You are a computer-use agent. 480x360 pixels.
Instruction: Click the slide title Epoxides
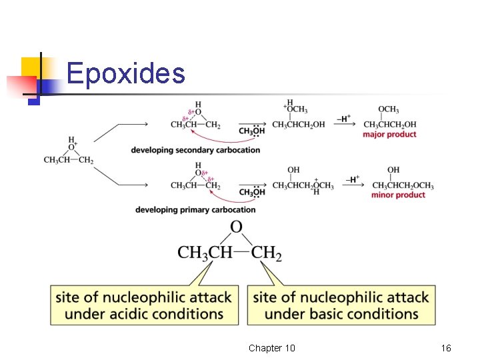126,73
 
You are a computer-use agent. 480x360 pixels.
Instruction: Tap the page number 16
446,349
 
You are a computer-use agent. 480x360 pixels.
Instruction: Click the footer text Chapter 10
271,349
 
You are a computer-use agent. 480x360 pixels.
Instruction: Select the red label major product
389,135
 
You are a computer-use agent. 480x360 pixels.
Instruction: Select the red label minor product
398,195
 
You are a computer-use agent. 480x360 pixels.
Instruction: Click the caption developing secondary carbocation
195,150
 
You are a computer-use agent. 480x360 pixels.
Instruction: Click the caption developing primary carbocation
195,210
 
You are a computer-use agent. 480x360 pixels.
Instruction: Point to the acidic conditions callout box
144,305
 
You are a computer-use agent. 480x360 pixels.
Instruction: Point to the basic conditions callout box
341,305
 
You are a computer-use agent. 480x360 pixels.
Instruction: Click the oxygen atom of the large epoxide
236,228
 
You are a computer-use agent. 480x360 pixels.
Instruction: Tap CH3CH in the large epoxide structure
205,253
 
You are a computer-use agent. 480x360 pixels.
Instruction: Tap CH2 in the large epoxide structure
267,253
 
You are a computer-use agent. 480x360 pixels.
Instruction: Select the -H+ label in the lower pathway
353,179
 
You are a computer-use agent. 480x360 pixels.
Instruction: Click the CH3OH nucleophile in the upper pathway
251,132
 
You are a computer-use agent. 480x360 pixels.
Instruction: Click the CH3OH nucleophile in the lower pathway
251,193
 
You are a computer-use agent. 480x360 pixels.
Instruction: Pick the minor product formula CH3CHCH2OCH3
403,185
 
